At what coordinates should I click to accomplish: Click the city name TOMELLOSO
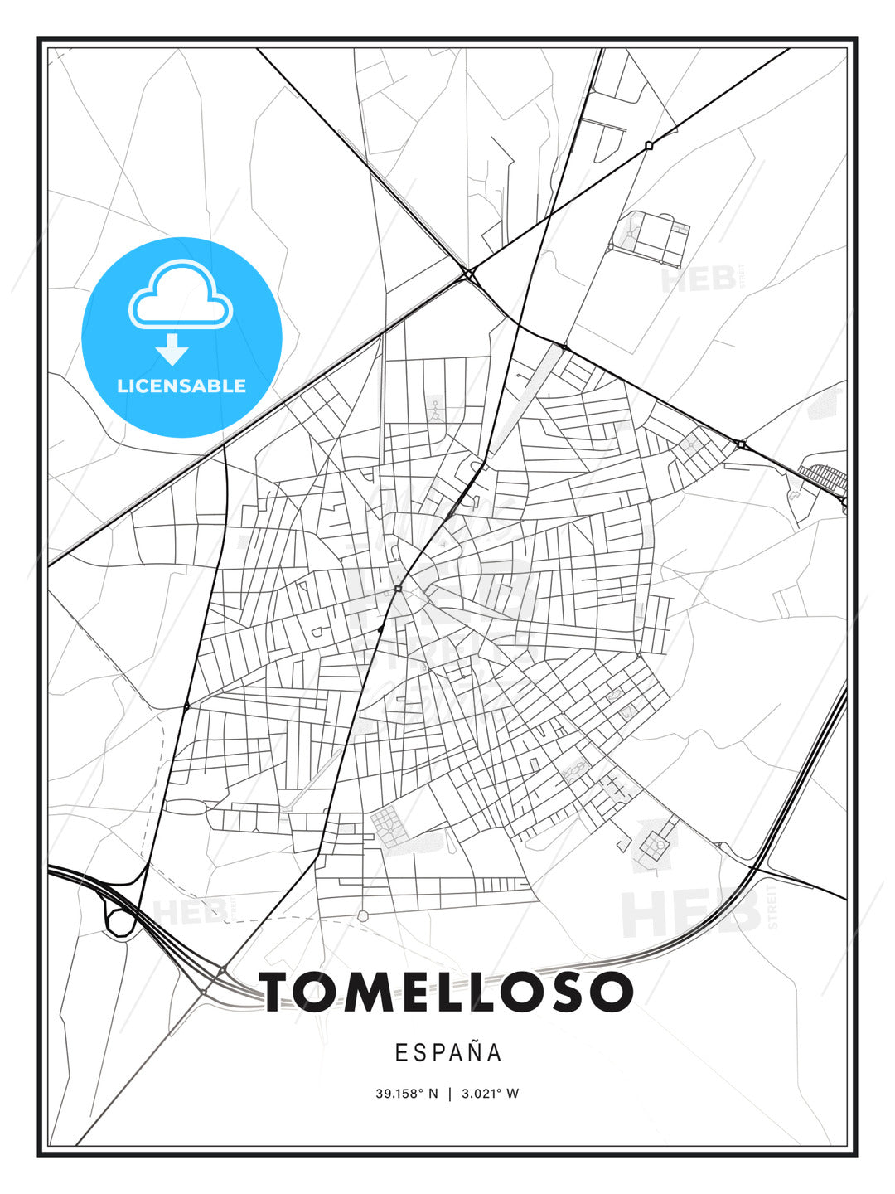(x=447, y=992)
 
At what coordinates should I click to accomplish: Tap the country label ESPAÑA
(x=447, y=1053)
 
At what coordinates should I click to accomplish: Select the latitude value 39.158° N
(x=406, y=1094)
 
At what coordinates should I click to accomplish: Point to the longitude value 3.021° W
(x=491, y=1094)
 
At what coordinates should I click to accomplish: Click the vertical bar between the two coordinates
(x=450, y=1094)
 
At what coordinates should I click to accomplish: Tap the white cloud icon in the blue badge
(x=180, y=297)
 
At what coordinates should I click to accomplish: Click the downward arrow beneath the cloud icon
(x=172, y=349)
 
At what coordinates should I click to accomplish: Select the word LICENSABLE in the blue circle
(x=181, y=386)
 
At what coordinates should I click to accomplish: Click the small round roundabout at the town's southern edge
(x=362, y=915)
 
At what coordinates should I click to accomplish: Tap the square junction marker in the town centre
(x=399, y=589)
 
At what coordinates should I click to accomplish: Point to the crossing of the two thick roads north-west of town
(x=469, y=273)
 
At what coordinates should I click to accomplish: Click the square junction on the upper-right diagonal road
(x=649, y=145)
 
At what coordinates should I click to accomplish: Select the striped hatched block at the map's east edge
(x=823, y=478)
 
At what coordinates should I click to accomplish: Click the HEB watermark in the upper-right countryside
(x=699, y=280)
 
